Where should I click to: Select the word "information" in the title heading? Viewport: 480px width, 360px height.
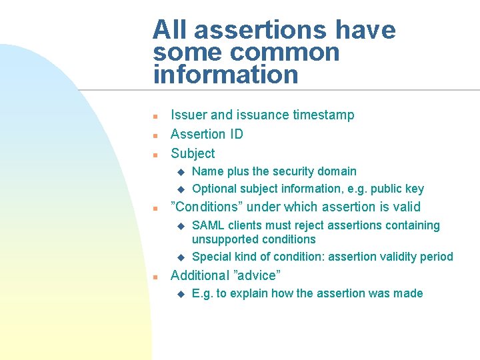pos(225,75)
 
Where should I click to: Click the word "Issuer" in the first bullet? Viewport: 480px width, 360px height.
pos(189,115)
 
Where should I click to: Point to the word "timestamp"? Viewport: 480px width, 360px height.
pos(324,115)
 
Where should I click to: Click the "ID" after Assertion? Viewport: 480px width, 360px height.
pos(237,134)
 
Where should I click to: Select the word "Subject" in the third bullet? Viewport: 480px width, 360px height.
pos(193,153)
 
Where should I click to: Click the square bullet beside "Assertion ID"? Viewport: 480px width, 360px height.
pos(155,135)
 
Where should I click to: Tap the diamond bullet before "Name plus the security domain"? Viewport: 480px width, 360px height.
pos(179,172)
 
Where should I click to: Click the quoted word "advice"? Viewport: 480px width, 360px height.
pos(256,275)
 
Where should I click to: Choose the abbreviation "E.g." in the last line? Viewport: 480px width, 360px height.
pos(203,293)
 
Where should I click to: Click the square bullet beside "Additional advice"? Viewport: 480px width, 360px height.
pos(155,277)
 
